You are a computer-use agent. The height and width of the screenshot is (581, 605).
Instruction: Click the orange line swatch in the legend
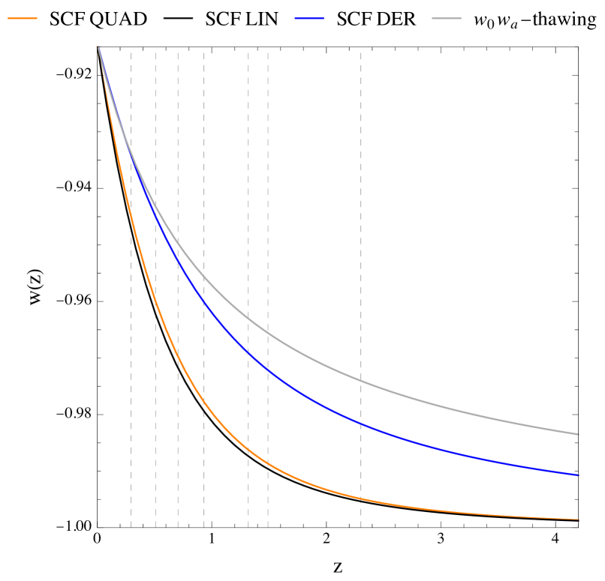[23, 18]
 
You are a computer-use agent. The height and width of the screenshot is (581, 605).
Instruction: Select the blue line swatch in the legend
[309, 18]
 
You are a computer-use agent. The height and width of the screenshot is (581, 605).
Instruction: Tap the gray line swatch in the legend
[447, 18]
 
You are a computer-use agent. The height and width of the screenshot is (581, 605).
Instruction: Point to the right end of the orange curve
[579, 519]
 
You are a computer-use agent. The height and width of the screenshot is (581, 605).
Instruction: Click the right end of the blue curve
[579, 475]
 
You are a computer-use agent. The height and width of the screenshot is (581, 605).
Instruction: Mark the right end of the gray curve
[579, 434]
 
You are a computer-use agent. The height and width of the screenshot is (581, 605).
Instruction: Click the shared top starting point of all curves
[98, 47]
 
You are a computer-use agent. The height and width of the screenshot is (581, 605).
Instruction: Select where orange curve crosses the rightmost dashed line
[361, 499]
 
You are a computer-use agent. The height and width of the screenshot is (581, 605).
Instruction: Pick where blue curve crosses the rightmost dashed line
[361, 424]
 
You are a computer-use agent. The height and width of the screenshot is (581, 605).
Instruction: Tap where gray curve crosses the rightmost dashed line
[361, 381]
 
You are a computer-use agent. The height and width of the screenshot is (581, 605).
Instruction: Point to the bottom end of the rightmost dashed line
[361, 527]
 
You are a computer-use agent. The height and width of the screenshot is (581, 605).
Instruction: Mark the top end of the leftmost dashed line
[131, 52]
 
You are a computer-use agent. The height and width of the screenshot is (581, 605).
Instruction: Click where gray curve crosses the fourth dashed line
[204, 276]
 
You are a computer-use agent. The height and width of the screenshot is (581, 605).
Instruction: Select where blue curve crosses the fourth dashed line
[204, 301]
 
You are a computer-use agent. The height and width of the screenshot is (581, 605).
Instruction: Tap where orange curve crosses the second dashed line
[156, 300]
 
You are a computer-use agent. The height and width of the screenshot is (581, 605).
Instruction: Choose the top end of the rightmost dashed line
[361, 52]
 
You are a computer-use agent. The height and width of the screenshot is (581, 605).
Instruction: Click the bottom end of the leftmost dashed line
[131, 527]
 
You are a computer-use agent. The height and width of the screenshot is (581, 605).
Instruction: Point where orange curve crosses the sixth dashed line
[268, 463]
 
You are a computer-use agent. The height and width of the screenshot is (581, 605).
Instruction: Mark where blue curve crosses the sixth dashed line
[268, 369]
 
